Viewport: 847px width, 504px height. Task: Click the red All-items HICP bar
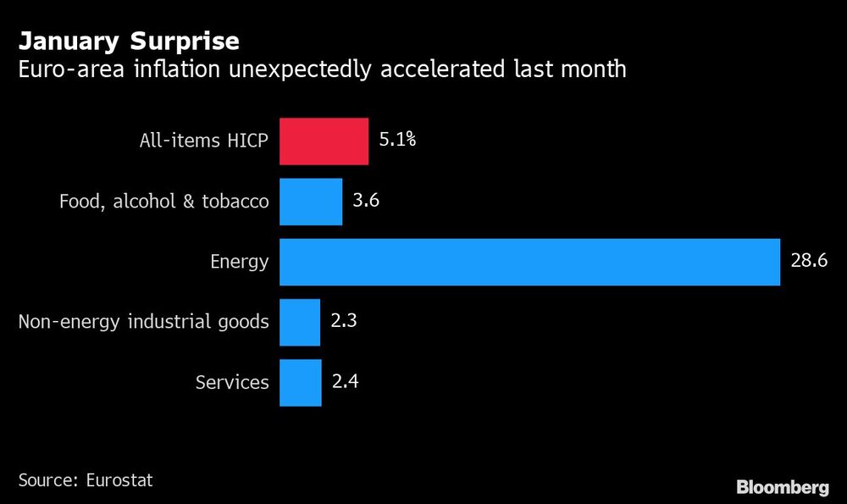[324, 141]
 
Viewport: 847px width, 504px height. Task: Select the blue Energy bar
[529, 262]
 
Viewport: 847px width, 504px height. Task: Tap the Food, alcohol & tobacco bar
[311, 202]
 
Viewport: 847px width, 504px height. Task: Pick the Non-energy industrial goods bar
[300, 322]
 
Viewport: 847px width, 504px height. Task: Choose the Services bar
[301, 382]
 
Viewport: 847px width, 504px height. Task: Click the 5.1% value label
[397, 141]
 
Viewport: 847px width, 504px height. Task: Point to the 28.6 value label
[809, 261]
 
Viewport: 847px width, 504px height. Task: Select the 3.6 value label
[365, 201]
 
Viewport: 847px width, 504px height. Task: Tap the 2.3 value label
[344, 321]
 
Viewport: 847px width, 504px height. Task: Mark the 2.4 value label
[345, 381]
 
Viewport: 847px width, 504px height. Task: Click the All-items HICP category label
[204, 141]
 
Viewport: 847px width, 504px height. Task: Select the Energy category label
[240, 262]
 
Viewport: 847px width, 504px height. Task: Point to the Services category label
[232, 382]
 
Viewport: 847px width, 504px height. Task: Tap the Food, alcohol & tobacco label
[164, 202]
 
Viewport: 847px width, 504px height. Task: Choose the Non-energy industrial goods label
[144, 322]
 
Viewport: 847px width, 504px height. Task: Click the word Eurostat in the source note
[119, 480]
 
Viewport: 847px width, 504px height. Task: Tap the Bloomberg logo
[782, 487]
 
